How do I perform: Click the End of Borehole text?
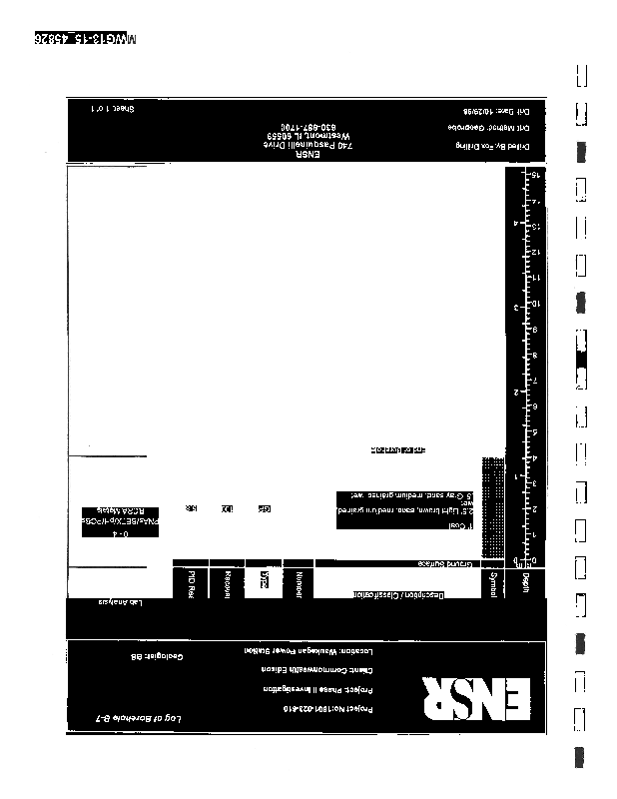(x=397, y=450)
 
